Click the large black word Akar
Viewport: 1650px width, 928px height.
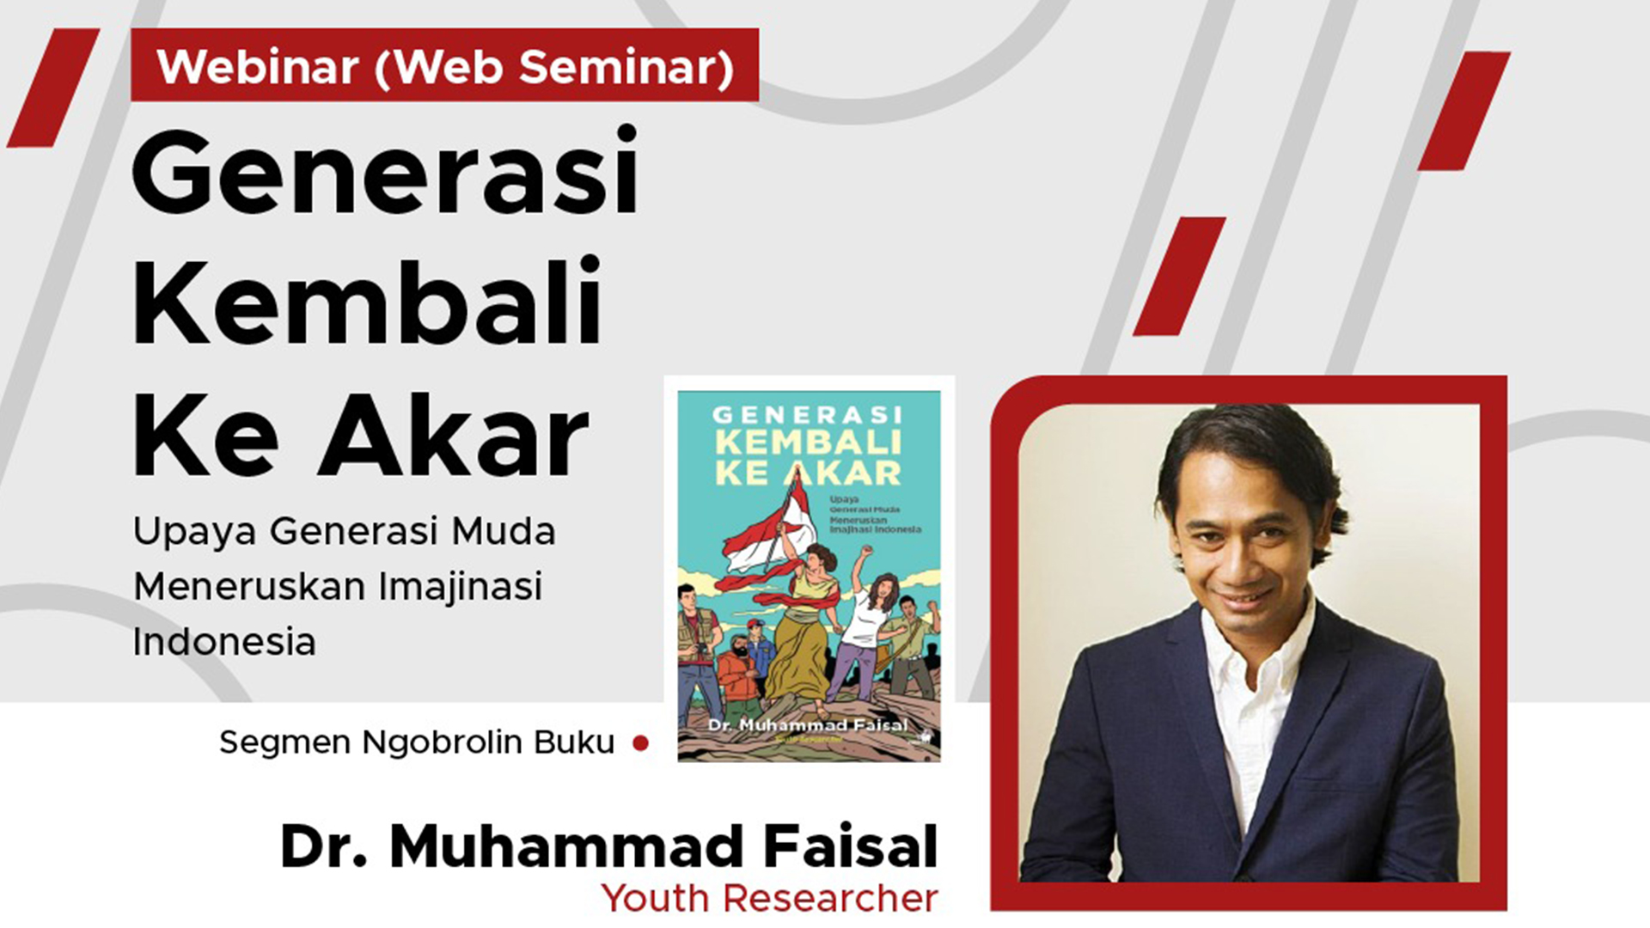pos(453,438)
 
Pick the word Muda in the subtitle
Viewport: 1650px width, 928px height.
pos(504,531)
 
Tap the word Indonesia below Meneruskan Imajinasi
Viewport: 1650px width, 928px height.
pos(224,642)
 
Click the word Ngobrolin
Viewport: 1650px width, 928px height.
pos(442,742)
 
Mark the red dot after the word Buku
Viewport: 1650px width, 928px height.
pos(640,743)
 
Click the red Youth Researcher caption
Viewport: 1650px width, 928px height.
pos(769,899)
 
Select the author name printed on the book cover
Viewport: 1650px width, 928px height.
pos(808,725)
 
